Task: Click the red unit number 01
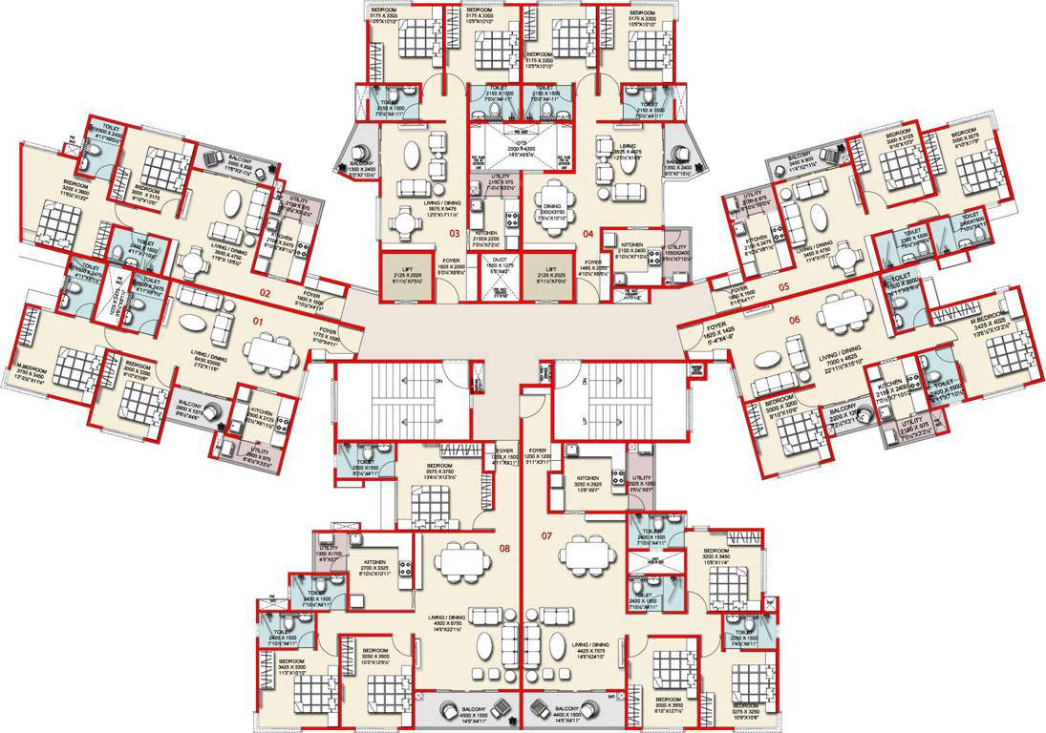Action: [257, 323]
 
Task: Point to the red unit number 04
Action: [588, 233]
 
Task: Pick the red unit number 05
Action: [783, 285]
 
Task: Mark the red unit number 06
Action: [794, 320]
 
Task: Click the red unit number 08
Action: [504, 548]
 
